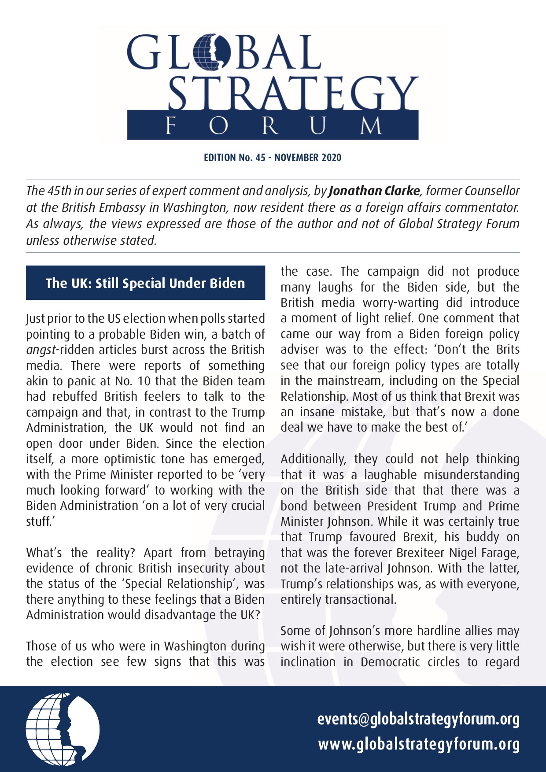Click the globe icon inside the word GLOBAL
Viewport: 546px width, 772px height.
coord(212,53)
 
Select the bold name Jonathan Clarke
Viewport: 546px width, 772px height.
coord(374,191)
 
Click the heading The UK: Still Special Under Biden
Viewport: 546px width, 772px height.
coord(145,283)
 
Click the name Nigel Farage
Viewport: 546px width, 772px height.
coord(489,553)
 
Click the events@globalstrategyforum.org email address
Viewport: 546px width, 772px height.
coord(418,719)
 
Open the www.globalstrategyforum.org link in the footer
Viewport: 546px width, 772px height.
coord(419,744)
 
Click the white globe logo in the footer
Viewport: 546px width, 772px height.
coord(63,729)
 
